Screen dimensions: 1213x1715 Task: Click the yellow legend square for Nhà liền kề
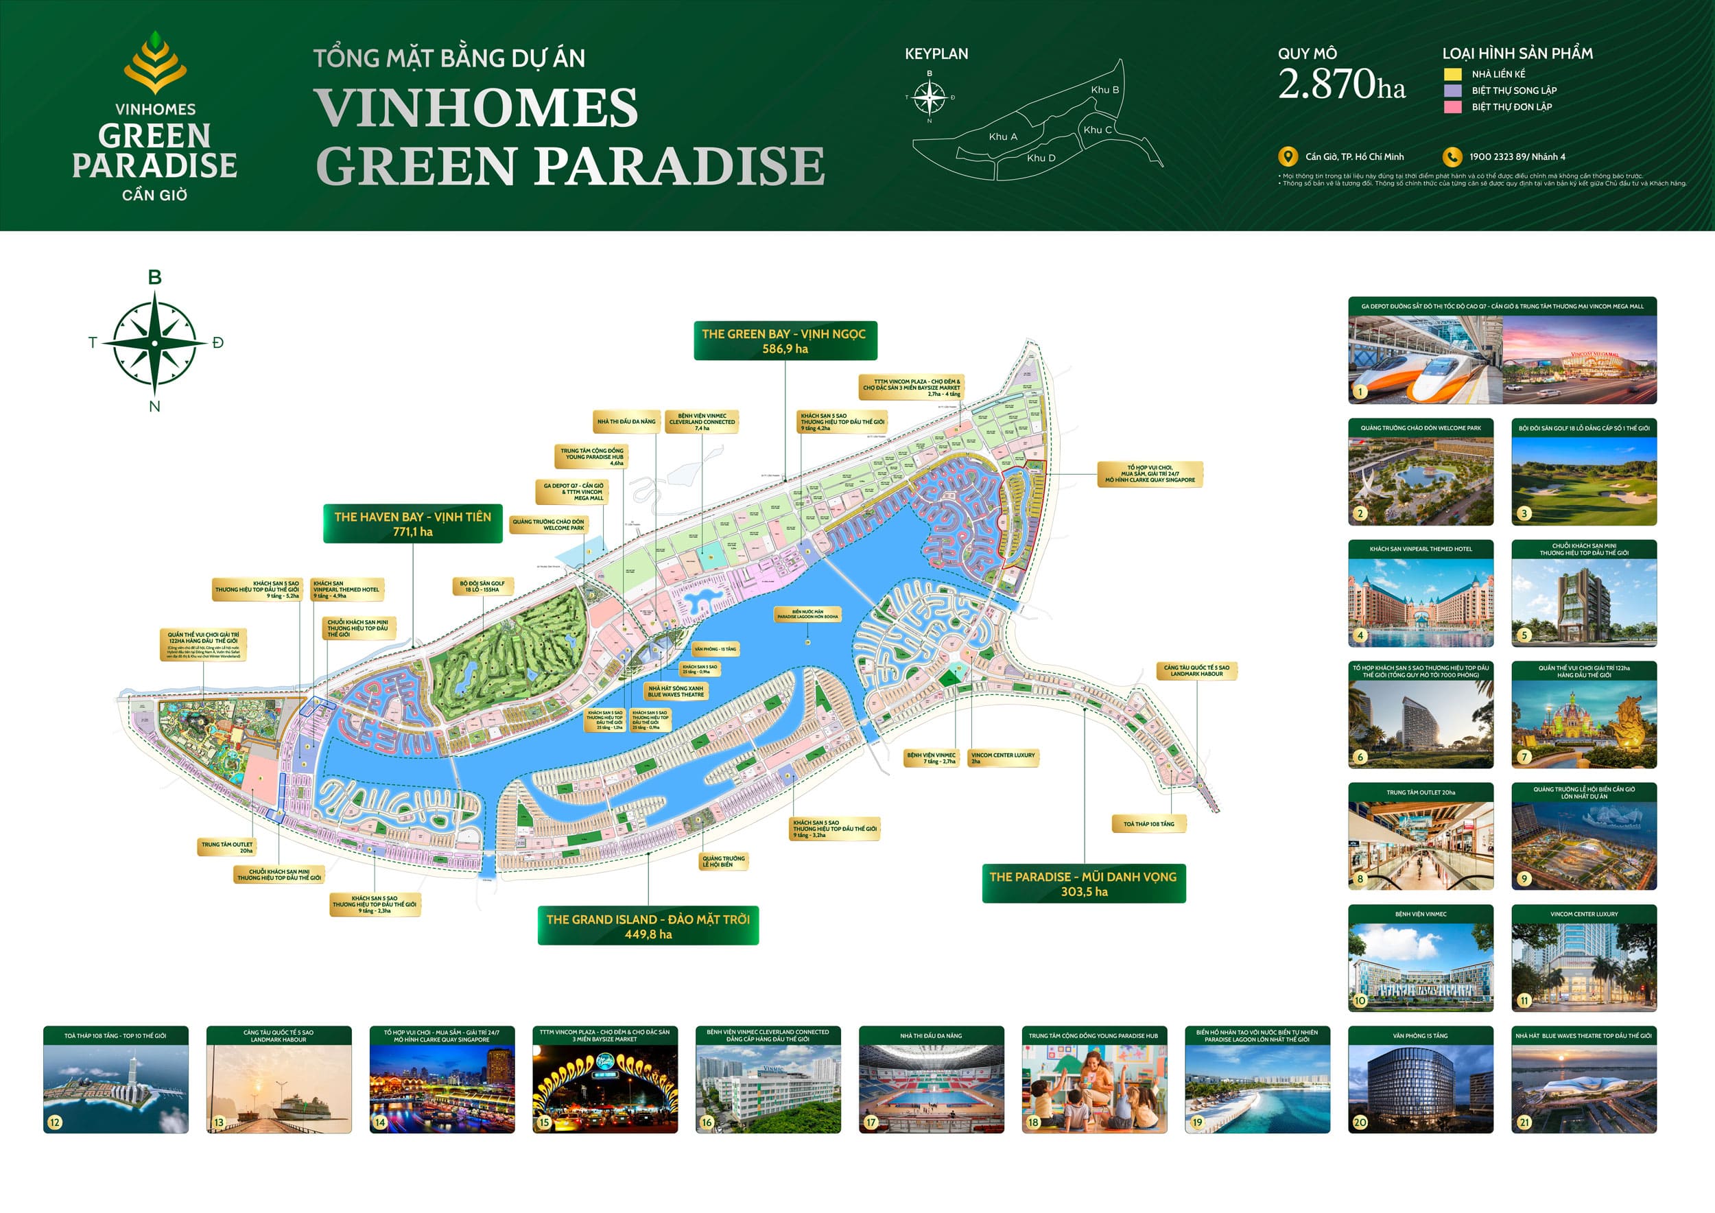[1452, 74]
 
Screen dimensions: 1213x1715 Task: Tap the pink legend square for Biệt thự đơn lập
[1452, 107]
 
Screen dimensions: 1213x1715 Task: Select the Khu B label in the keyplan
[1104, 90]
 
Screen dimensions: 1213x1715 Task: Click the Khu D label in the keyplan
[1041, 158]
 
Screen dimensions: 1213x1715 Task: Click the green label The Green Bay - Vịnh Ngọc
[784, 340]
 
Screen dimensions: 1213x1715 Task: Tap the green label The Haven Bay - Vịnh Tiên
[412, 523]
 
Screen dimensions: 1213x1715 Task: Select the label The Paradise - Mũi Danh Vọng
[1083, 883]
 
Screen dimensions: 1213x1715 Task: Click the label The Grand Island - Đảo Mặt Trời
[648, 926]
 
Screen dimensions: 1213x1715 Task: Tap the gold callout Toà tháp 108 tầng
[1148, 824]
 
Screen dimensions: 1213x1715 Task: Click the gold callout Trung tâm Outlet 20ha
[226, 847]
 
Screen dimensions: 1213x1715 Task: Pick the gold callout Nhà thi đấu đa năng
[626, 421]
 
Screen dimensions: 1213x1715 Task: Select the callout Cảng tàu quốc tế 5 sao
[1196, 670]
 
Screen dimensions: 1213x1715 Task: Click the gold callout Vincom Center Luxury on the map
[1002, 757]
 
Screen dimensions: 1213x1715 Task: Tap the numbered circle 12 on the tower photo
[54, 1121]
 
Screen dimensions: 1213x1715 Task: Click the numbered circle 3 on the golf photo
[1524, 513]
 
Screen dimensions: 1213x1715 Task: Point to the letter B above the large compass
[154, 277]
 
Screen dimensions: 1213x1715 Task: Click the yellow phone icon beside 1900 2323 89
[1452, 157]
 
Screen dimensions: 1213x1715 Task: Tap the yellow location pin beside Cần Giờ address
[1287, 157]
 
